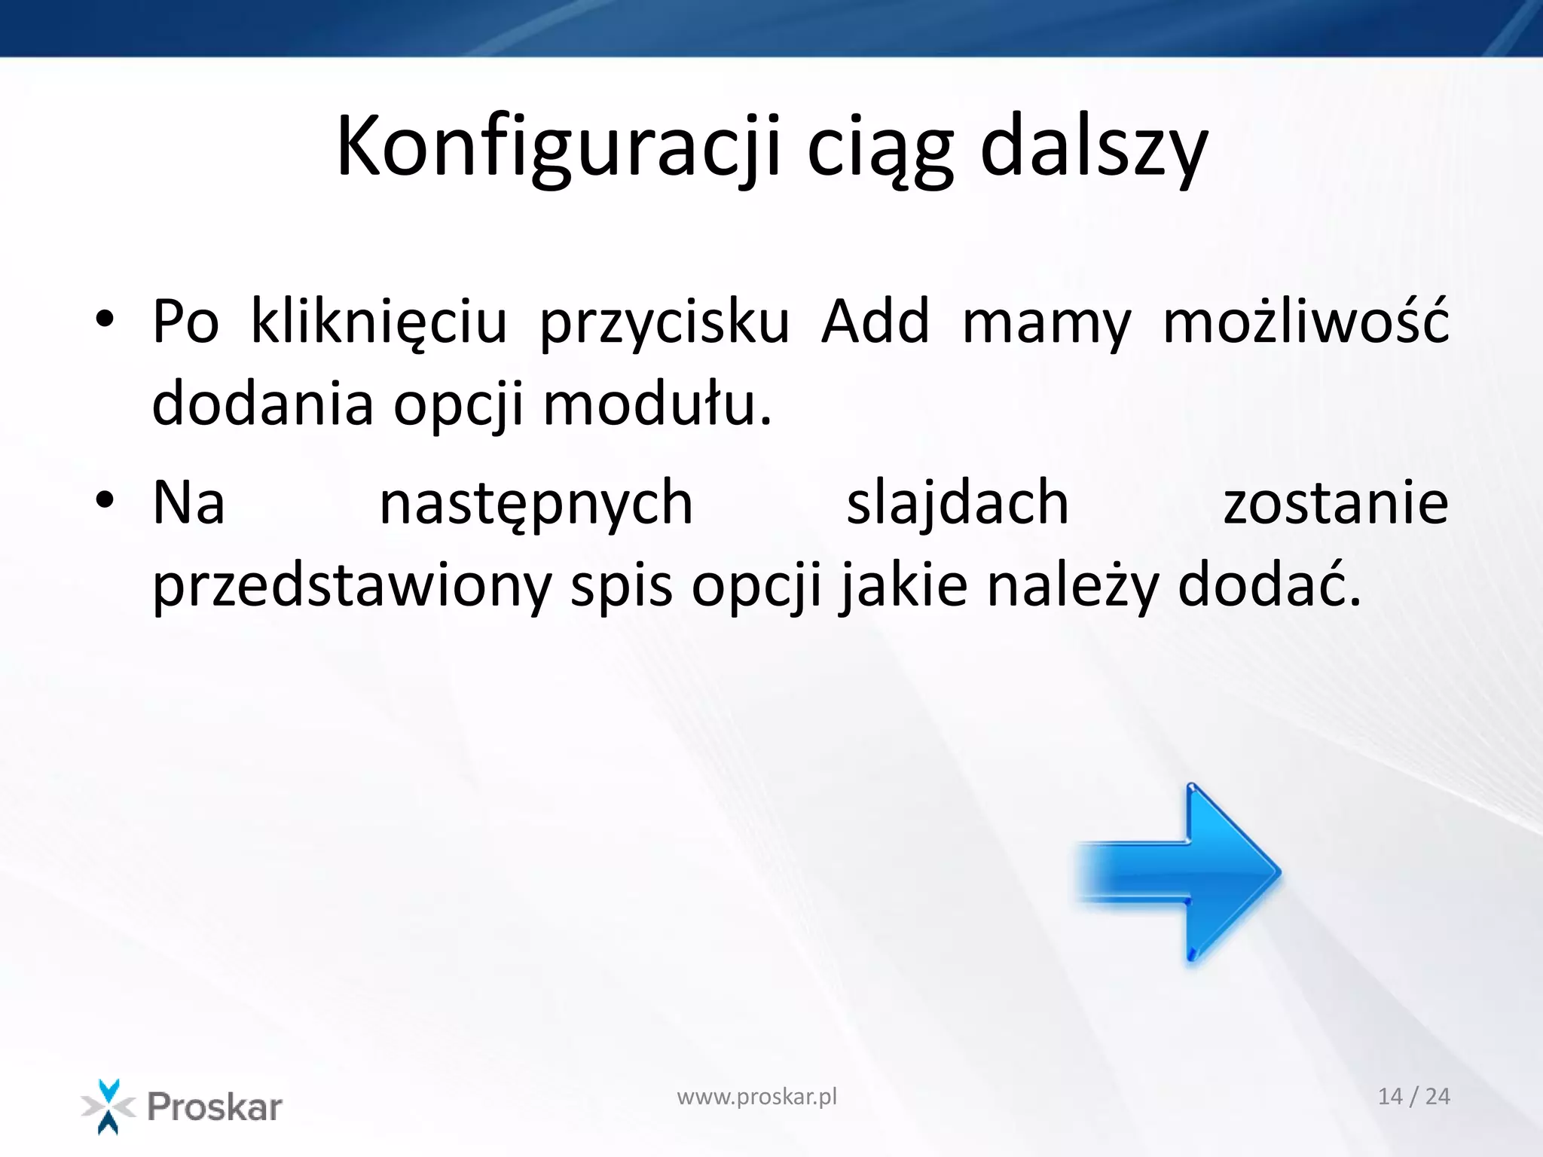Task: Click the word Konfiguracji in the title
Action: [x=558, y=147]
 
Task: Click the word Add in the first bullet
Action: [x=875, y=322]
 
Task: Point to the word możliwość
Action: [x=1306, y=322]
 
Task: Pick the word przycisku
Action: [x=665, y=322]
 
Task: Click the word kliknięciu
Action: [x=379, y=322]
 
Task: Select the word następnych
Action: [x=536, y=503]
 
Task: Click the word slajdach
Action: [x=958, y=503]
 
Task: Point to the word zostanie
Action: [x=1336, y=503]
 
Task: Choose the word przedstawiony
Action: [x=352, y=586]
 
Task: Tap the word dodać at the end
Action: [x=1269, y=586]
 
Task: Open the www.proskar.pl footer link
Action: [x=756, y=1097]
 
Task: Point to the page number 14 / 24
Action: [x=1413, y=1097]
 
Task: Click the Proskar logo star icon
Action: [x=108, y=1107]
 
